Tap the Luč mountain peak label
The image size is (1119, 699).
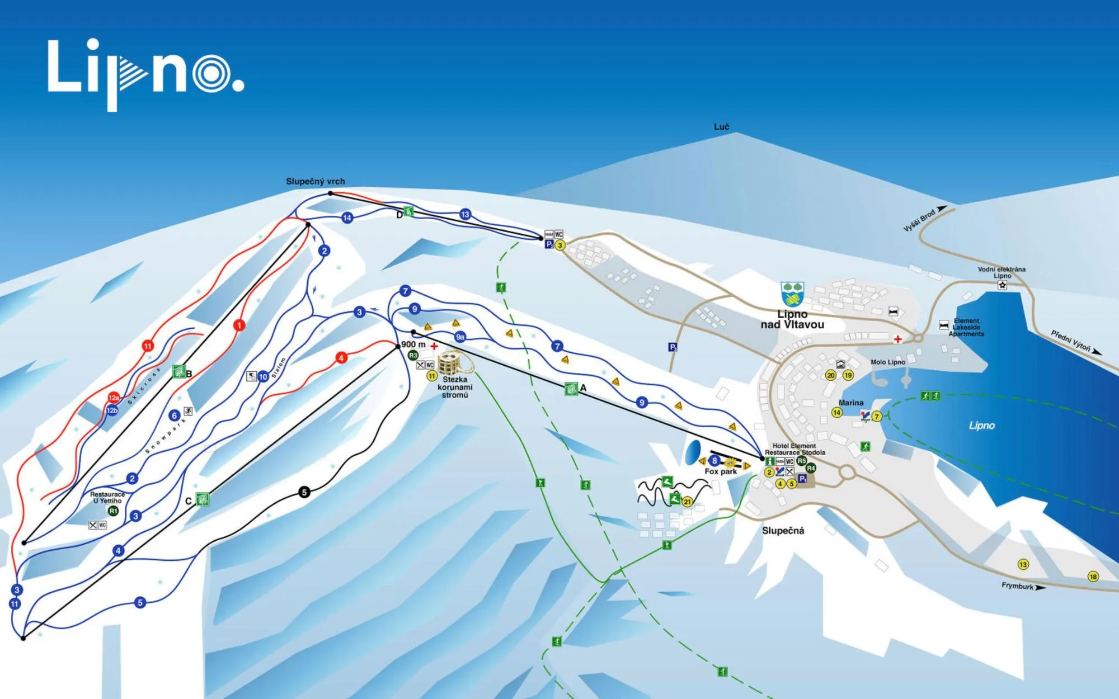click(x=721, y=127)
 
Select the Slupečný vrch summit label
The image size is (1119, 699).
click(x=315, y=181)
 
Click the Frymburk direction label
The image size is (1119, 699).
click(x=1018, y=586)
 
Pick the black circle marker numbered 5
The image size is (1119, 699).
click(x=304, y=492)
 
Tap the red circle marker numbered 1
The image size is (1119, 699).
click(x=239, y=325)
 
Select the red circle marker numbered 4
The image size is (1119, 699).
click(x=341, y=358)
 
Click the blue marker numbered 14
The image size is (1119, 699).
click(x=347, y=218)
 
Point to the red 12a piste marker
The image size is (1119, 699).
click(x=114, y=398)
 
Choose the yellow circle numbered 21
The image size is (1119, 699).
click(x=687, y=502)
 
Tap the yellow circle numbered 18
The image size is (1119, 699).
click(x=1093, y=577)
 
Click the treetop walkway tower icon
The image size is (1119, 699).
click(x=450, y=363)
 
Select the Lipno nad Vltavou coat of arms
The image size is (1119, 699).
click(x=792, y=294)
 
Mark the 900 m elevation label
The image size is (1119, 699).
click(x=413, y=344)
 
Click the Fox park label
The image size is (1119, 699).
click(x=721, y=471)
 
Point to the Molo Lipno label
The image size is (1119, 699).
click(x=887, y=362)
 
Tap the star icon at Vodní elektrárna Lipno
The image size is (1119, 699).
click(x=1002, y=285)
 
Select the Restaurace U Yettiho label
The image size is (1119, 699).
click(x=107, y=498)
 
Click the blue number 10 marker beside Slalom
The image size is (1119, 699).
click(x=263, y=377)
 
